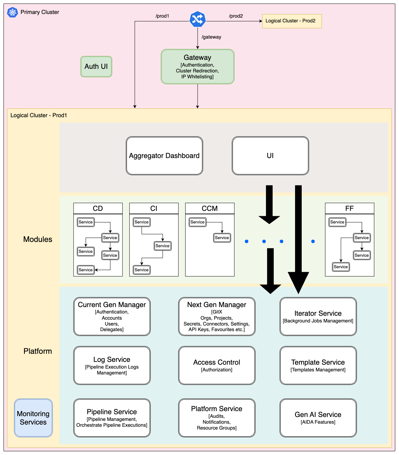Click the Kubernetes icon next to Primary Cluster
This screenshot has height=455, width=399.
pos(12,12)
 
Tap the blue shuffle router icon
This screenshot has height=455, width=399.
pos(197,19)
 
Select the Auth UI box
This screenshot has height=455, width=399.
pos(96,67)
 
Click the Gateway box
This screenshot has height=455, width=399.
pos(197,67)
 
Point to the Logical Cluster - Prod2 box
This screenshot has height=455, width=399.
pos(292,21)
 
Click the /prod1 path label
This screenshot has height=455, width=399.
pos(162,16)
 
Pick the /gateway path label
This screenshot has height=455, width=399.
pos(211,37)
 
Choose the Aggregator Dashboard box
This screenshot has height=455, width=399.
pos(164,156)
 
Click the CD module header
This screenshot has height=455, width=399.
pos(98,208)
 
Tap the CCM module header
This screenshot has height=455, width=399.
pos(210,208)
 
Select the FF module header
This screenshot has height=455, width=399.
pos(350,208)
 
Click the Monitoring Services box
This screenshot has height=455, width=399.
pos(33,418)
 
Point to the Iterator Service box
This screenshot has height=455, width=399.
pos(318,316)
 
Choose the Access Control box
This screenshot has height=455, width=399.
pos(217,366)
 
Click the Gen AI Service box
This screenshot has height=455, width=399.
pos(318,418)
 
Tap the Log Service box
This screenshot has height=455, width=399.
pos(112,366)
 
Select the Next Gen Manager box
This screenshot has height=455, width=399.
pos(217,316)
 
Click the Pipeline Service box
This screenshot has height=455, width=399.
pos(112,418)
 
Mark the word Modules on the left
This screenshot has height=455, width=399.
pos(38,239)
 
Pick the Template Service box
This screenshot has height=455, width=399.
pos(318,366)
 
